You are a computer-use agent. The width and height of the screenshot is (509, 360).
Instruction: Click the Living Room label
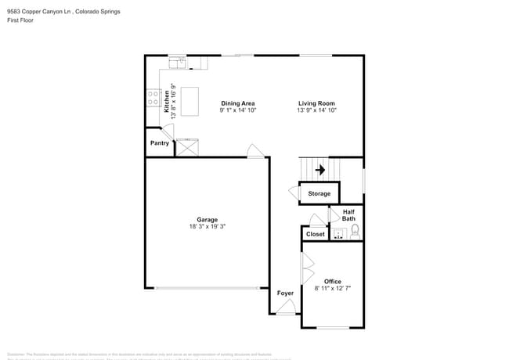pyautogui.click(x=316, y=103)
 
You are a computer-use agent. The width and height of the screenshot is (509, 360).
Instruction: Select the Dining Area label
pyautogui.click(x=237, y=103)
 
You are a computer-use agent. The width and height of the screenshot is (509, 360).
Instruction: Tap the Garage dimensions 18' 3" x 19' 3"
pyautogui.click(x=207, y=227)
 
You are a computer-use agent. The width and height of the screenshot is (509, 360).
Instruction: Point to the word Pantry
pyautogui.click(x=160, y=143)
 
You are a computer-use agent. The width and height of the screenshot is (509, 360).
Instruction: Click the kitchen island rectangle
pyautogui.click(x=190, y=102)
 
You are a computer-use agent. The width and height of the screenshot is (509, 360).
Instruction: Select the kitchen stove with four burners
pyautogui.click(x=154, y=98)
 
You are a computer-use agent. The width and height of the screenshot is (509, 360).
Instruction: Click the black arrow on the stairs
pyautogui.click(x=319, y=169)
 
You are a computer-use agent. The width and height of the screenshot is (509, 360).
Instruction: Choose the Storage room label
pyautogui.click(x=319, y=193)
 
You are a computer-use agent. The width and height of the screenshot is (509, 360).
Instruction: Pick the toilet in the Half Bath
pyautogui.click(x=355, y=231)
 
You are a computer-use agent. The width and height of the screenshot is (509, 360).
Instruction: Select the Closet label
pyautogui.click(x=315, y=234)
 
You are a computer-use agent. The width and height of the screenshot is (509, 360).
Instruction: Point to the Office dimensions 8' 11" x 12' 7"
pyautogui.click(x=333, y=288)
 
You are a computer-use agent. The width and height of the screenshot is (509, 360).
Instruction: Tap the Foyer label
pyautogui.click(x=285, y=293)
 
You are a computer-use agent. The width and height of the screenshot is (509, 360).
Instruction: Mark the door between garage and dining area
pyautogui.click(x=254, y=151)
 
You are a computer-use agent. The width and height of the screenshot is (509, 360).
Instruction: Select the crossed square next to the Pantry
pyautogui.click(x=187, y=147)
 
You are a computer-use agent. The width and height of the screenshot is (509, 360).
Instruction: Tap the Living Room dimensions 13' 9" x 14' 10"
pyautogui.click(x=316, y=110)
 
